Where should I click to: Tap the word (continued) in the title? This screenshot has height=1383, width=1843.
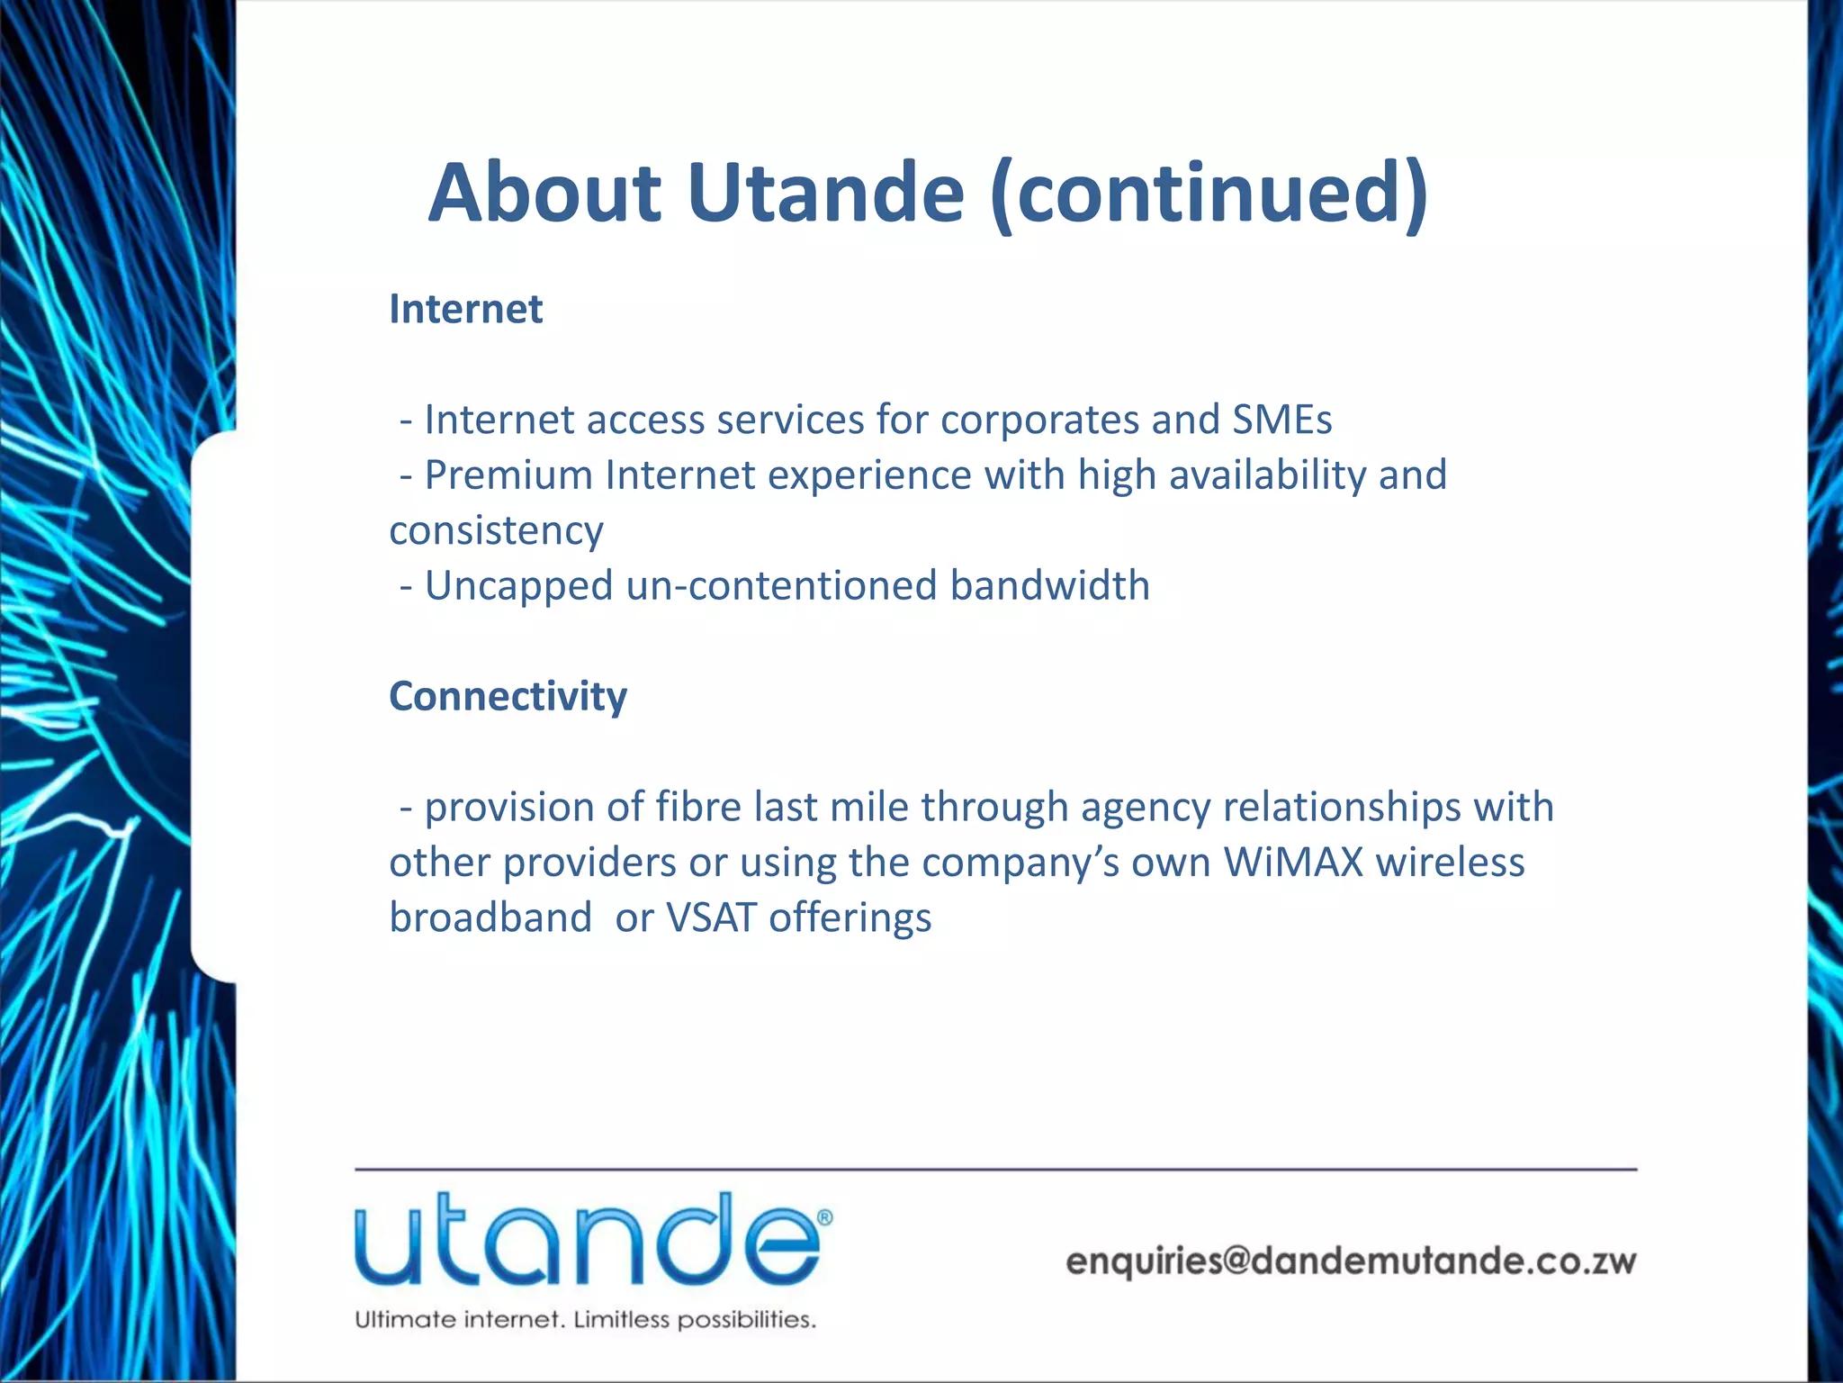(1208, 194)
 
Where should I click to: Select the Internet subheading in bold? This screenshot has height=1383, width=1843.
(465, 309)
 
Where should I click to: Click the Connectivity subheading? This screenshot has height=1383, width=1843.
(508, 696)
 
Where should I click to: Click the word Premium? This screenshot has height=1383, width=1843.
(508, 475)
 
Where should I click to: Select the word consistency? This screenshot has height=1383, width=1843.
(496, 531)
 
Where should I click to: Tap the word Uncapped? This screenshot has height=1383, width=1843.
(518, 585)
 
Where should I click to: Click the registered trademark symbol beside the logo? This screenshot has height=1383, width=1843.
(824, 1217)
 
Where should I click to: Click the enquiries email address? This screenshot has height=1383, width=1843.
(1350, 1261)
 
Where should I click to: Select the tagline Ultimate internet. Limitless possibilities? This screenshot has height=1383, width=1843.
(585, 1320)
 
